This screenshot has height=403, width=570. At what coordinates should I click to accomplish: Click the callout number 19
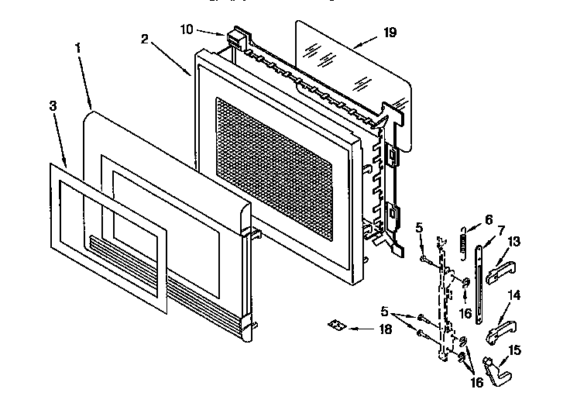point(390,33)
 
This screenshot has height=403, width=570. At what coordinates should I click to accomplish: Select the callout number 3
point(53,106)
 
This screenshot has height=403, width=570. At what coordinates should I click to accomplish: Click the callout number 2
point(146,39)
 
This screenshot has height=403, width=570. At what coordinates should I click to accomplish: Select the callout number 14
point(512,296)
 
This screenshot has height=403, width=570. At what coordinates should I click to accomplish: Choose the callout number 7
point(500,231)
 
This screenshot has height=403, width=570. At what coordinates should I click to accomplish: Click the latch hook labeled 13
point(503,267)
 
